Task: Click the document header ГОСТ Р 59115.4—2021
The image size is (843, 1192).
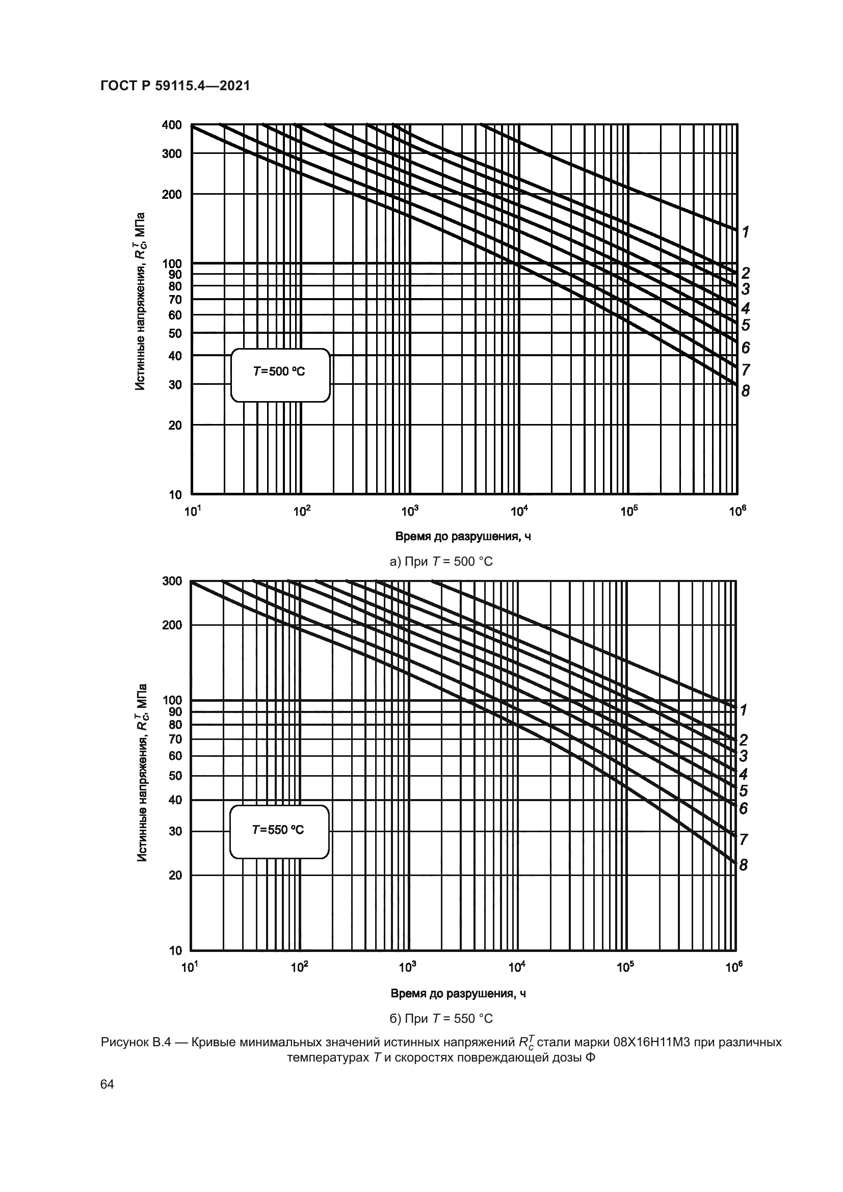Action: (175, 86)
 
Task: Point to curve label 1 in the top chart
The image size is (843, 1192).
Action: (746, 232)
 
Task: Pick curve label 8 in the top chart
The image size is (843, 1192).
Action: (746, 391)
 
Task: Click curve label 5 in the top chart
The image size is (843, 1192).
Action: (746, 325)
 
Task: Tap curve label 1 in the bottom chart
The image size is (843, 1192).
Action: (743, 710)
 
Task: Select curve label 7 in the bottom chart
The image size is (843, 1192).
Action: (743, 839)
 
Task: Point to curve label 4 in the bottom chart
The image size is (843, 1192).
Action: (743, 775)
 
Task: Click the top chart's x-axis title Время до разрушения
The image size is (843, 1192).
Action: (463, 536)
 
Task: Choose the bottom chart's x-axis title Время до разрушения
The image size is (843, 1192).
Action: (458, 994)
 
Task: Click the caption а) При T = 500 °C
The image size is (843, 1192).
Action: (441, 561)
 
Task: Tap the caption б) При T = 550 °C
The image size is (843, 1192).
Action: (441, 1019)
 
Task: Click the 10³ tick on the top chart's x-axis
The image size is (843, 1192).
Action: (410, 512)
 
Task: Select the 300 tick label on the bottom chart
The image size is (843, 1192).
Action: (172, 581)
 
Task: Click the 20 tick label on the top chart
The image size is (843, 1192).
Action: (175, 425)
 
